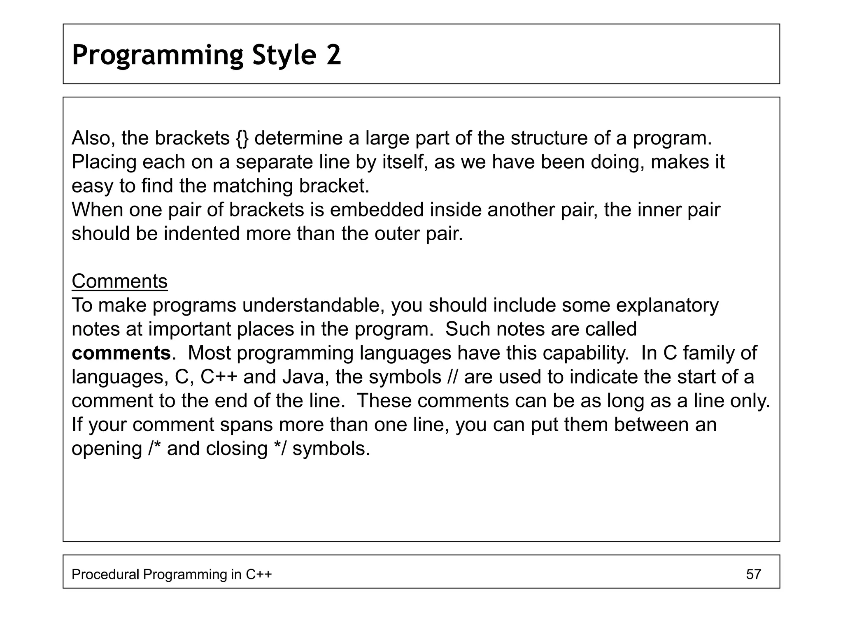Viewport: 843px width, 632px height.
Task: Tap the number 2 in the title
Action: pos(334,55)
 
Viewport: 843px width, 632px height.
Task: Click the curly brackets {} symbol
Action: pos(242,138)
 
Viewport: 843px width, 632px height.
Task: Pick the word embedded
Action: pos(376,210)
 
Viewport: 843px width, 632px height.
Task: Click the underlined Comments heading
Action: pos(119,281)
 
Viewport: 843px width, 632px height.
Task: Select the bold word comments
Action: pos(121,353)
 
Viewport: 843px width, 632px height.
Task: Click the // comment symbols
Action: pos(452,377)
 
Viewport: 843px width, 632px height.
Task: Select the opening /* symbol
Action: pos(154,448)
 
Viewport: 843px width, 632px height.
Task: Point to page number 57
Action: pos(753,574)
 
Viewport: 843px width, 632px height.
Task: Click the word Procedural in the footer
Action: pos(105,574)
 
